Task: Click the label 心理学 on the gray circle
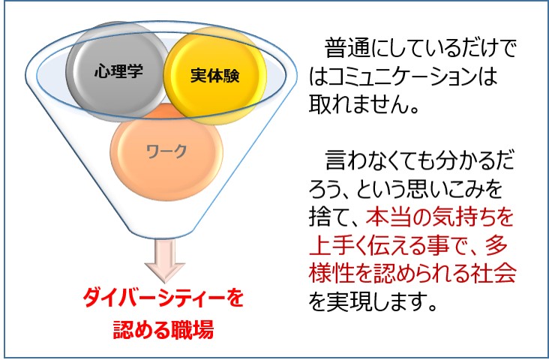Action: [118, 71]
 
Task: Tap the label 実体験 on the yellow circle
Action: [215, 75]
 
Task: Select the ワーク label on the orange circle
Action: [166, 151]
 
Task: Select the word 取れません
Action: [358, 104]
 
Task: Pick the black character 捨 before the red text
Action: [319, 217]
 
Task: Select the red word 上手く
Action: [340, 246]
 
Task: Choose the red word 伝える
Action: [400, 246]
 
